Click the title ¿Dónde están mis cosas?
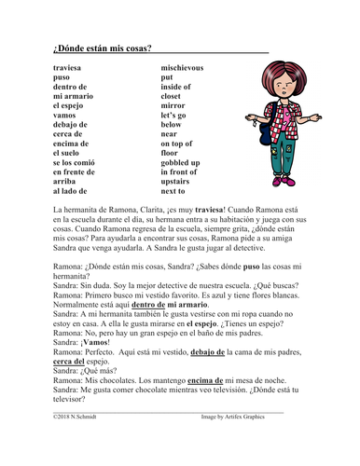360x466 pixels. [103, 47]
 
